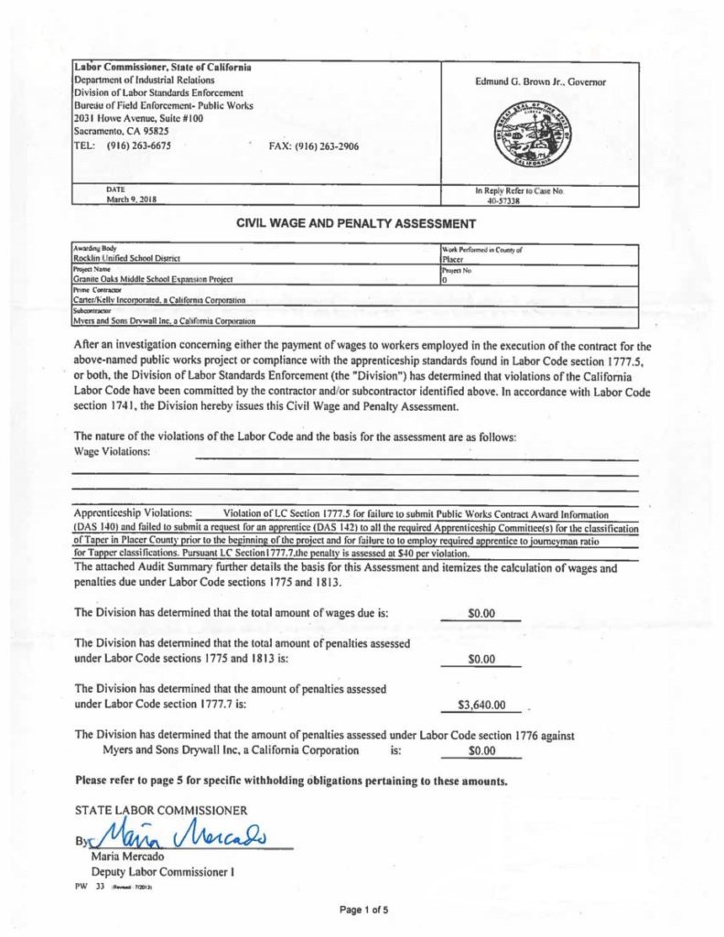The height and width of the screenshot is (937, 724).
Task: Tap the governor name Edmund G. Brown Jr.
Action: tap(540, 82)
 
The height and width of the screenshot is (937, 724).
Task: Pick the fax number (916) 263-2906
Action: tap(314, 145)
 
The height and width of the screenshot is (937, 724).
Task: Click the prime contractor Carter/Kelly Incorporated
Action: tap(161, 299)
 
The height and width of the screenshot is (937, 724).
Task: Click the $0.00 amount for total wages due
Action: tap(481, 613)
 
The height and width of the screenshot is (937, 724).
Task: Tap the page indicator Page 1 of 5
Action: tap(363, 910)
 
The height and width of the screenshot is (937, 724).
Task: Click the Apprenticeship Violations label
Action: tap(133, 512)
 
